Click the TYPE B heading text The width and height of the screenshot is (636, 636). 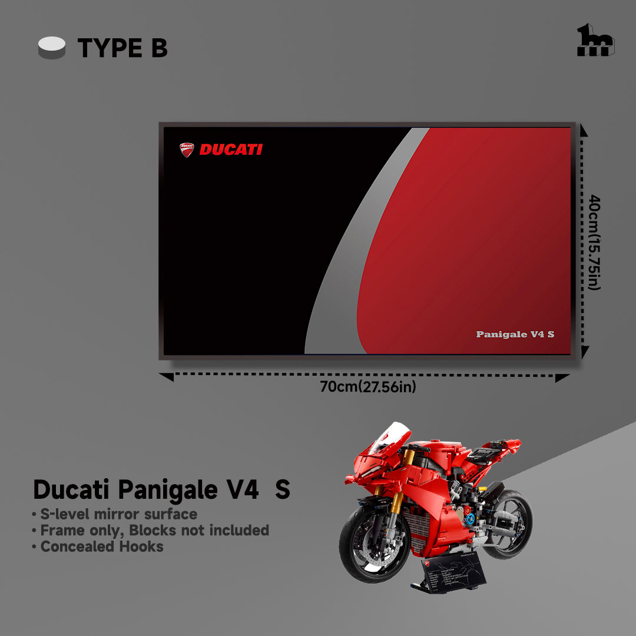tap(122, 48)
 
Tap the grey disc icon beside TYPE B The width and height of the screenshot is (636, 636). tap(52, 48)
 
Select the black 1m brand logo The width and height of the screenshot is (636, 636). tap(595, 40)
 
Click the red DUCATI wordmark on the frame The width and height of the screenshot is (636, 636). tap(231, 150)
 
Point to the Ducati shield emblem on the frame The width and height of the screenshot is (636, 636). tap(187, 150)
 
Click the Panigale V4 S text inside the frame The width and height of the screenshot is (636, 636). tap(515, 334)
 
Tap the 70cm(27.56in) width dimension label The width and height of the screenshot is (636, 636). tap(368, 387)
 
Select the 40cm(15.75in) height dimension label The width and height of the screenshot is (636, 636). tap(594, 242)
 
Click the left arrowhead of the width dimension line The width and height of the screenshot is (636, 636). tap(166, 377)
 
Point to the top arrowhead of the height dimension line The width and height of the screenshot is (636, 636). tap(584, 130)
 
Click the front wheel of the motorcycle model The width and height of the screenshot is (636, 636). tap(374, 544)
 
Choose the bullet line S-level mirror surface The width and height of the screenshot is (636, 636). tap(114, 514)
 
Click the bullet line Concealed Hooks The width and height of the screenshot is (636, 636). tap(97, 546)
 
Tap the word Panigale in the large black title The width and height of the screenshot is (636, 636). tap(168, 489)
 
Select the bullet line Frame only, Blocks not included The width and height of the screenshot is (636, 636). tap(151, 531)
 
